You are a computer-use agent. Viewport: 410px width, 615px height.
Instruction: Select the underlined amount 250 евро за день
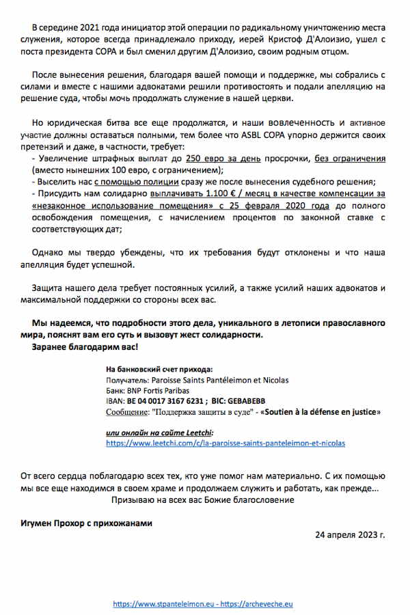[x=211, y=159]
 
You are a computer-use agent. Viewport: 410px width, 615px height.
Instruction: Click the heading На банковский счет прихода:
[x=159, y=368]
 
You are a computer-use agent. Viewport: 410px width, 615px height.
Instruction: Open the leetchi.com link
[x=225, y=443]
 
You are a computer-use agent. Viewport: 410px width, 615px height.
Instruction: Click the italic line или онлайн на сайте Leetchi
[x=160, y=432]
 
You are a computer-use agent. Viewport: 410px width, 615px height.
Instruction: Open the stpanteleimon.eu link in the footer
[x=167, y=604]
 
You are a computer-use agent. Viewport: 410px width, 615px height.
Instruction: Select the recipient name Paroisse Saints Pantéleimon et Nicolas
[x=216, y=379]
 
